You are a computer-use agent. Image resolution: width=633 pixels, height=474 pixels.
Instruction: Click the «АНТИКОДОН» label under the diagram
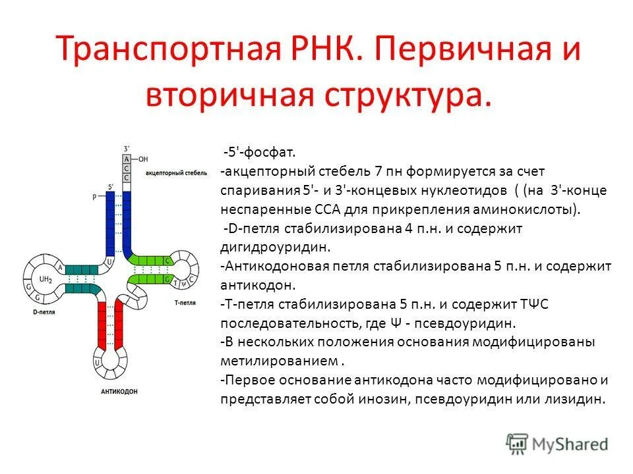(x=119, y=391)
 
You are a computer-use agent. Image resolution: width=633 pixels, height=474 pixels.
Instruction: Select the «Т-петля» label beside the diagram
(x=185, y=303)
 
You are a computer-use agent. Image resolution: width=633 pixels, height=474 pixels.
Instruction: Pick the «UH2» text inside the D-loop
(x=45, y=279)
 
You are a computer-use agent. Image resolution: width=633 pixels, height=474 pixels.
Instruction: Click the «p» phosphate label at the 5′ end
(x=94, y=196)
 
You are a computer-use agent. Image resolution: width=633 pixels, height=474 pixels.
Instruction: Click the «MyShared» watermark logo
(x=558, y=444)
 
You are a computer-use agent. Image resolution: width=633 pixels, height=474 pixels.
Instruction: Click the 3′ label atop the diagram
(x=127, y=148)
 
